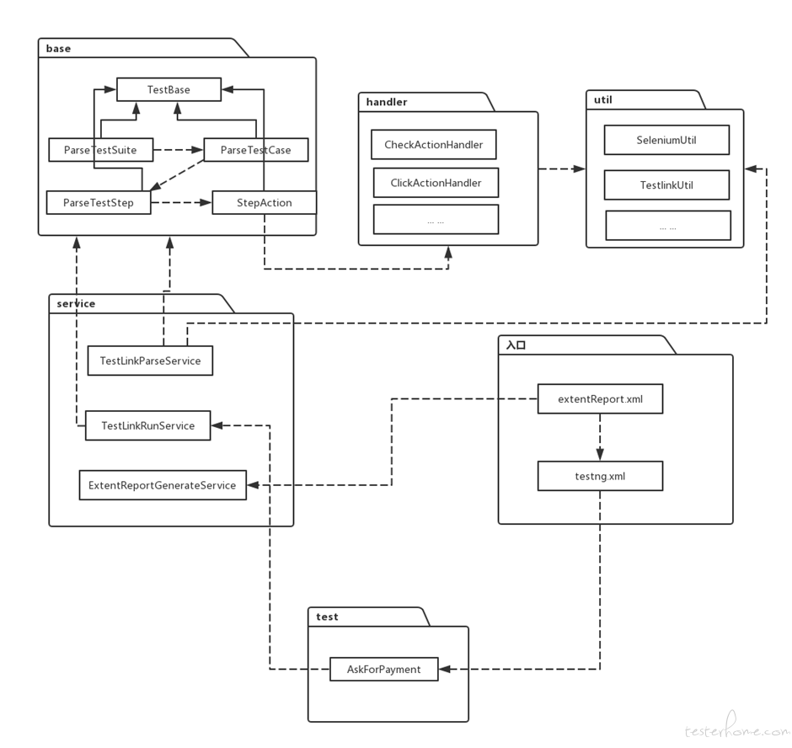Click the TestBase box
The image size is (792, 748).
click(169, 89)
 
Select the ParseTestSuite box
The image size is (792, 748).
click(100, 150)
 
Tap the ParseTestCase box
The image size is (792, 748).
click(255, 150)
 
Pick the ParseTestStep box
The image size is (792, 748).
click(99, 202)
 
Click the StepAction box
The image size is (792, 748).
click(265, 202)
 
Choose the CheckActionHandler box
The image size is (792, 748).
click(434, 144)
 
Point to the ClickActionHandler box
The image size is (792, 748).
click(436, 183)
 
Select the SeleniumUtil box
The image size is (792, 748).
click(666, 140)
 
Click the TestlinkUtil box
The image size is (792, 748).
click(666, 184)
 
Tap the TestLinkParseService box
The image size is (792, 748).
click(150, 361)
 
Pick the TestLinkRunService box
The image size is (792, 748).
click(148, 425)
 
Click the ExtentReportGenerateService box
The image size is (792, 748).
click(163, 485)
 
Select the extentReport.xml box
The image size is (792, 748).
click(600, 399)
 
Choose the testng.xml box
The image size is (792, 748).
click(600, 476)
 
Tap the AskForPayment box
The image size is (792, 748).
click(384, 669)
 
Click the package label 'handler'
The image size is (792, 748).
click(387, 102)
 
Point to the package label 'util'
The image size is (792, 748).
click(603, 99)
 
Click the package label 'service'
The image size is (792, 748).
click(77, 303)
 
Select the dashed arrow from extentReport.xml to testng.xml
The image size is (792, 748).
click(600, 437)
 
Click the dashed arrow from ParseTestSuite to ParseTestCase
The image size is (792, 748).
click(179, 150)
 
